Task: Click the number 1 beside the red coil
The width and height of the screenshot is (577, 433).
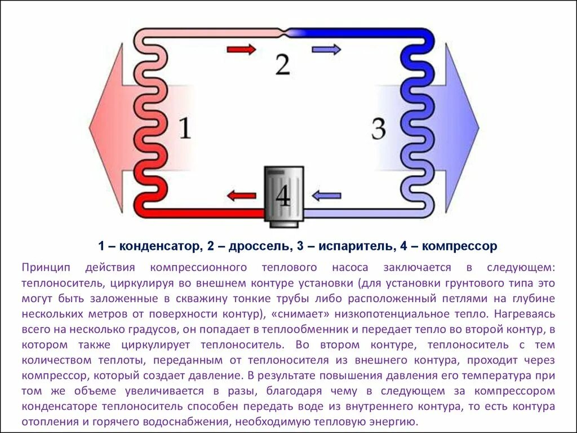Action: click(185, 128)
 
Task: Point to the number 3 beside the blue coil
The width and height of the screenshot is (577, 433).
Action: click(379, 129)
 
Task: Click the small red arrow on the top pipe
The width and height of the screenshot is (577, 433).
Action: click(241, 49)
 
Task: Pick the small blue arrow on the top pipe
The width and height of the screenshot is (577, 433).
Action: click(326, 50)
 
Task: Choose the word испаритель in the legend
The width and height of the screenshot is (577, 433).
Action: click(350, 246)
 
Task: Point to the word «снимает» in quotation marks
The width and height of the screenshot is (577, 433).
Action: click(297, 313)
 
